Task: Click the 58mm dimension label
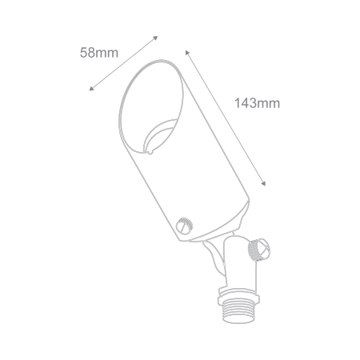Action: (99, 53)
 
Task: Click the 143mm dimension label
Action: (257, 103)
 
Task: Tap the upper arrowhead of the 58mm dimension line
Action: (155, 38)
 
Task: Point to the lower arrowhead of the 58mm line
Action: (91, 89)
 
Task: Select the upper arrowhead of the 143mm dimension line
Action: (187, 52)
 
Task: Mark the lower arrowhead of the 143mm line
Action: (263, 183)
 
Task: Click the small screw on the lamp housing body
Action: (184, 226)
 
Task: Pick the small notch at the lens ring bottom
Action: (150, 152)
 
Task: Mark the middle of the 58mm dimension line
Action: (123, 63)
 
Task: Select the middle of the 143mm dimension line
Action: (226, 118)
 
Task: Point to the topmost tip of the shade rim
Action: (161, 60)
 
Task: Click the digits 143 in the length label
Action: (246, 103)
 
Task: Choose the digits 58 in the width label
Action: (87, 53)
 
